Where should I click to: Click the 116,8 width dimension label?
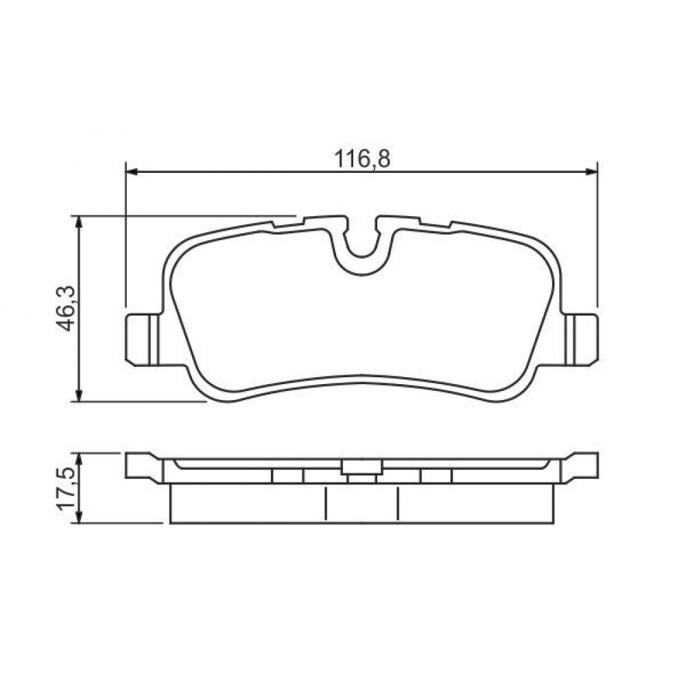tap(362, 159)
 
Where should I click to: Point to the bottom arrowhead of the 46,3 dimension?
tap(79, 394)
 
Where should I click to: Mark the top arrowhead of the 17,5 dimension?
tap(79, 459)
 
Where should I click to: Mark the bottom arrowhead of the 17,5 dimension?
tap(79, 517)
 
